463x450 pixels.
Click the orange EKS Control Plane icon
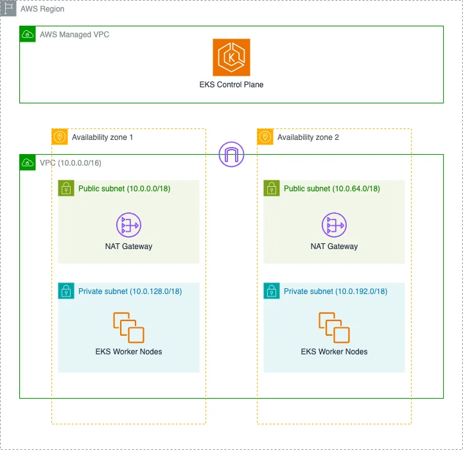pyautogui.click(x=231, y=57)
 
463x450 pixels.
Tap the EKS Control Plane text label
pyautogui.click(x=231, y=85)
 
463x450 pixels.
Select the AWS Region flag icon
pyautogui.click(x=8, y=8)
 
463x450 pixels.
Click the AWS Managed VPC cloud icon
pyautogui.click(x=28, y=34)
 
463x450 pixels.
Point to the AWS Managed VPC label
pyautogui.click(x=74, y=35)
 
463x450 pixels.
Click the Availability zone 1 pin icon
pyautogui.click(x=60, y=137)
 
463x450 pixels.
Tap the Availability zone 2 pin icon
pyautogui.click(x=265, y=137)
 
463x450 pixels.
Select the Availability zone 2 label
pyautogui.click(x=308, y=137)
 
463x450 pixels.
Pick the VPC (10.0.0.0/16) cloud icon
pyautogui.click(x=28, y=162)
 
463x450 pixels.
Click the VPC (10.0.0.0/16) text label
pyautogui.click(x=71, y=163)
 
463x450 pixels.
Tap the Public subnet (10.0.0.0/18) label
pyautogui.click(x=125, y=189)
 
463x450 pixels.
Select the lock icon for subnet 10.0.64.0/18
pyautogui.click(x=272, y=188)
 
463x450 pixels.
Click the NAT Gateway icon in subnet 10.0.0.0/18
pyautogui.click(x=128, y=225)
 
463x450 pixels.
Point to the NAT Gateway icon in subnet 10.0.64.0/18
pyautogui.click(x=335, y=225)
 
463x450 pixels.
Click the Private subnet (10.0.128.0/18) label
pyautogui.click(x=130, y=291)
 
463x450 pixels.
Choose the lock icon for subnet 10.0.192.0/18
pyautogui.click(x=272, y=291)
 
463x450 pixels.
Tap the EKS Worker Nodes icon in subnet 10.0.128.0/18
pyautogui.click(x=128, y=327)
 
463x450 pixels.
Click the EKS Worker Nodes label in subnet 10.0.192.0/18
pyautogui.click(x=335, y=352)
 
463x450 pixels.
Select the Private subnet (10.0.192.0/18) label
pyautogui.click(x=335, y=291)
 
